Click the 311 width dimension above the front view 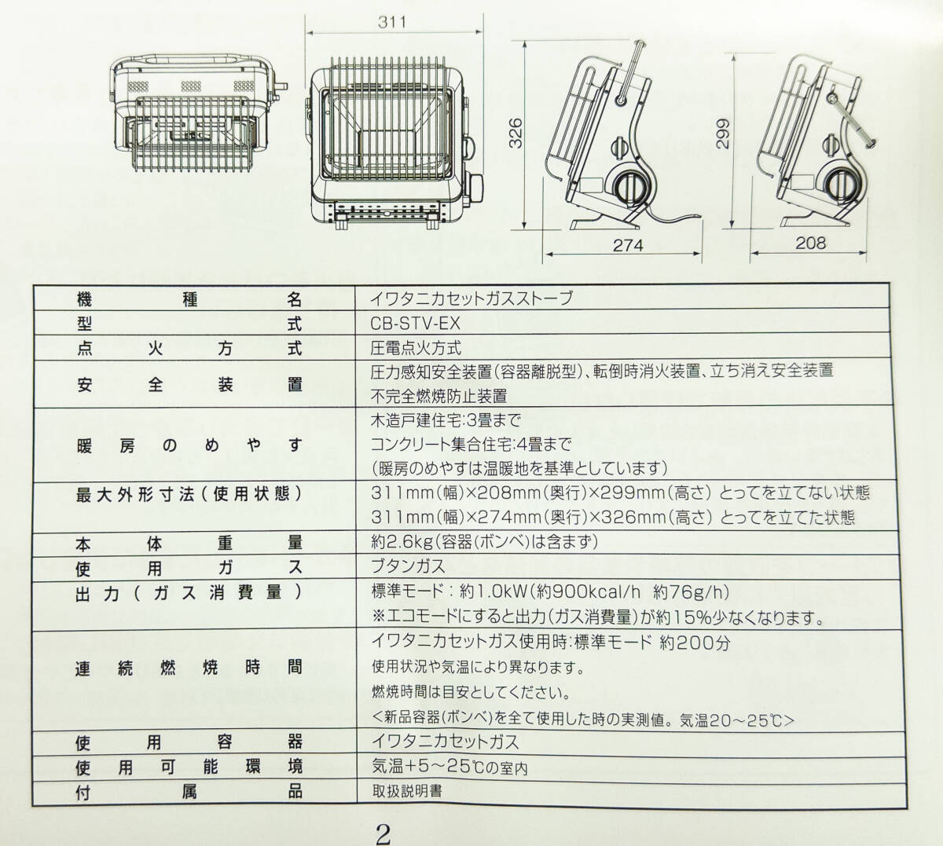pos(391,21)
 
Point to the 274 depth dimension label pos(628,246)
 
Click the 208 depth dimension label pos(810,243)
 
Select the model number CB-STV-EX pos(415,324)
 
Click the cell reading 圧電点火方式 pos(416,348)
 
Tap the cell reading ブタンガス pos(408,566)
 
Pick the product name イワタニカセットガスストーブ pos(472,299)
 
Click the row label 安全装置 pos(189,384)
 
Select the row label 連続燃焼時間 pos(189,668)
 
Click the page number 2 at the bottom pos(383,833)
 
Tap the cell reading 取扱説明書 pos(406,791)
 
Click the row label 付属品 pos(189,791)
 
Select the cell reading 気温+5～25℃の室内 pos(449,767)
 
